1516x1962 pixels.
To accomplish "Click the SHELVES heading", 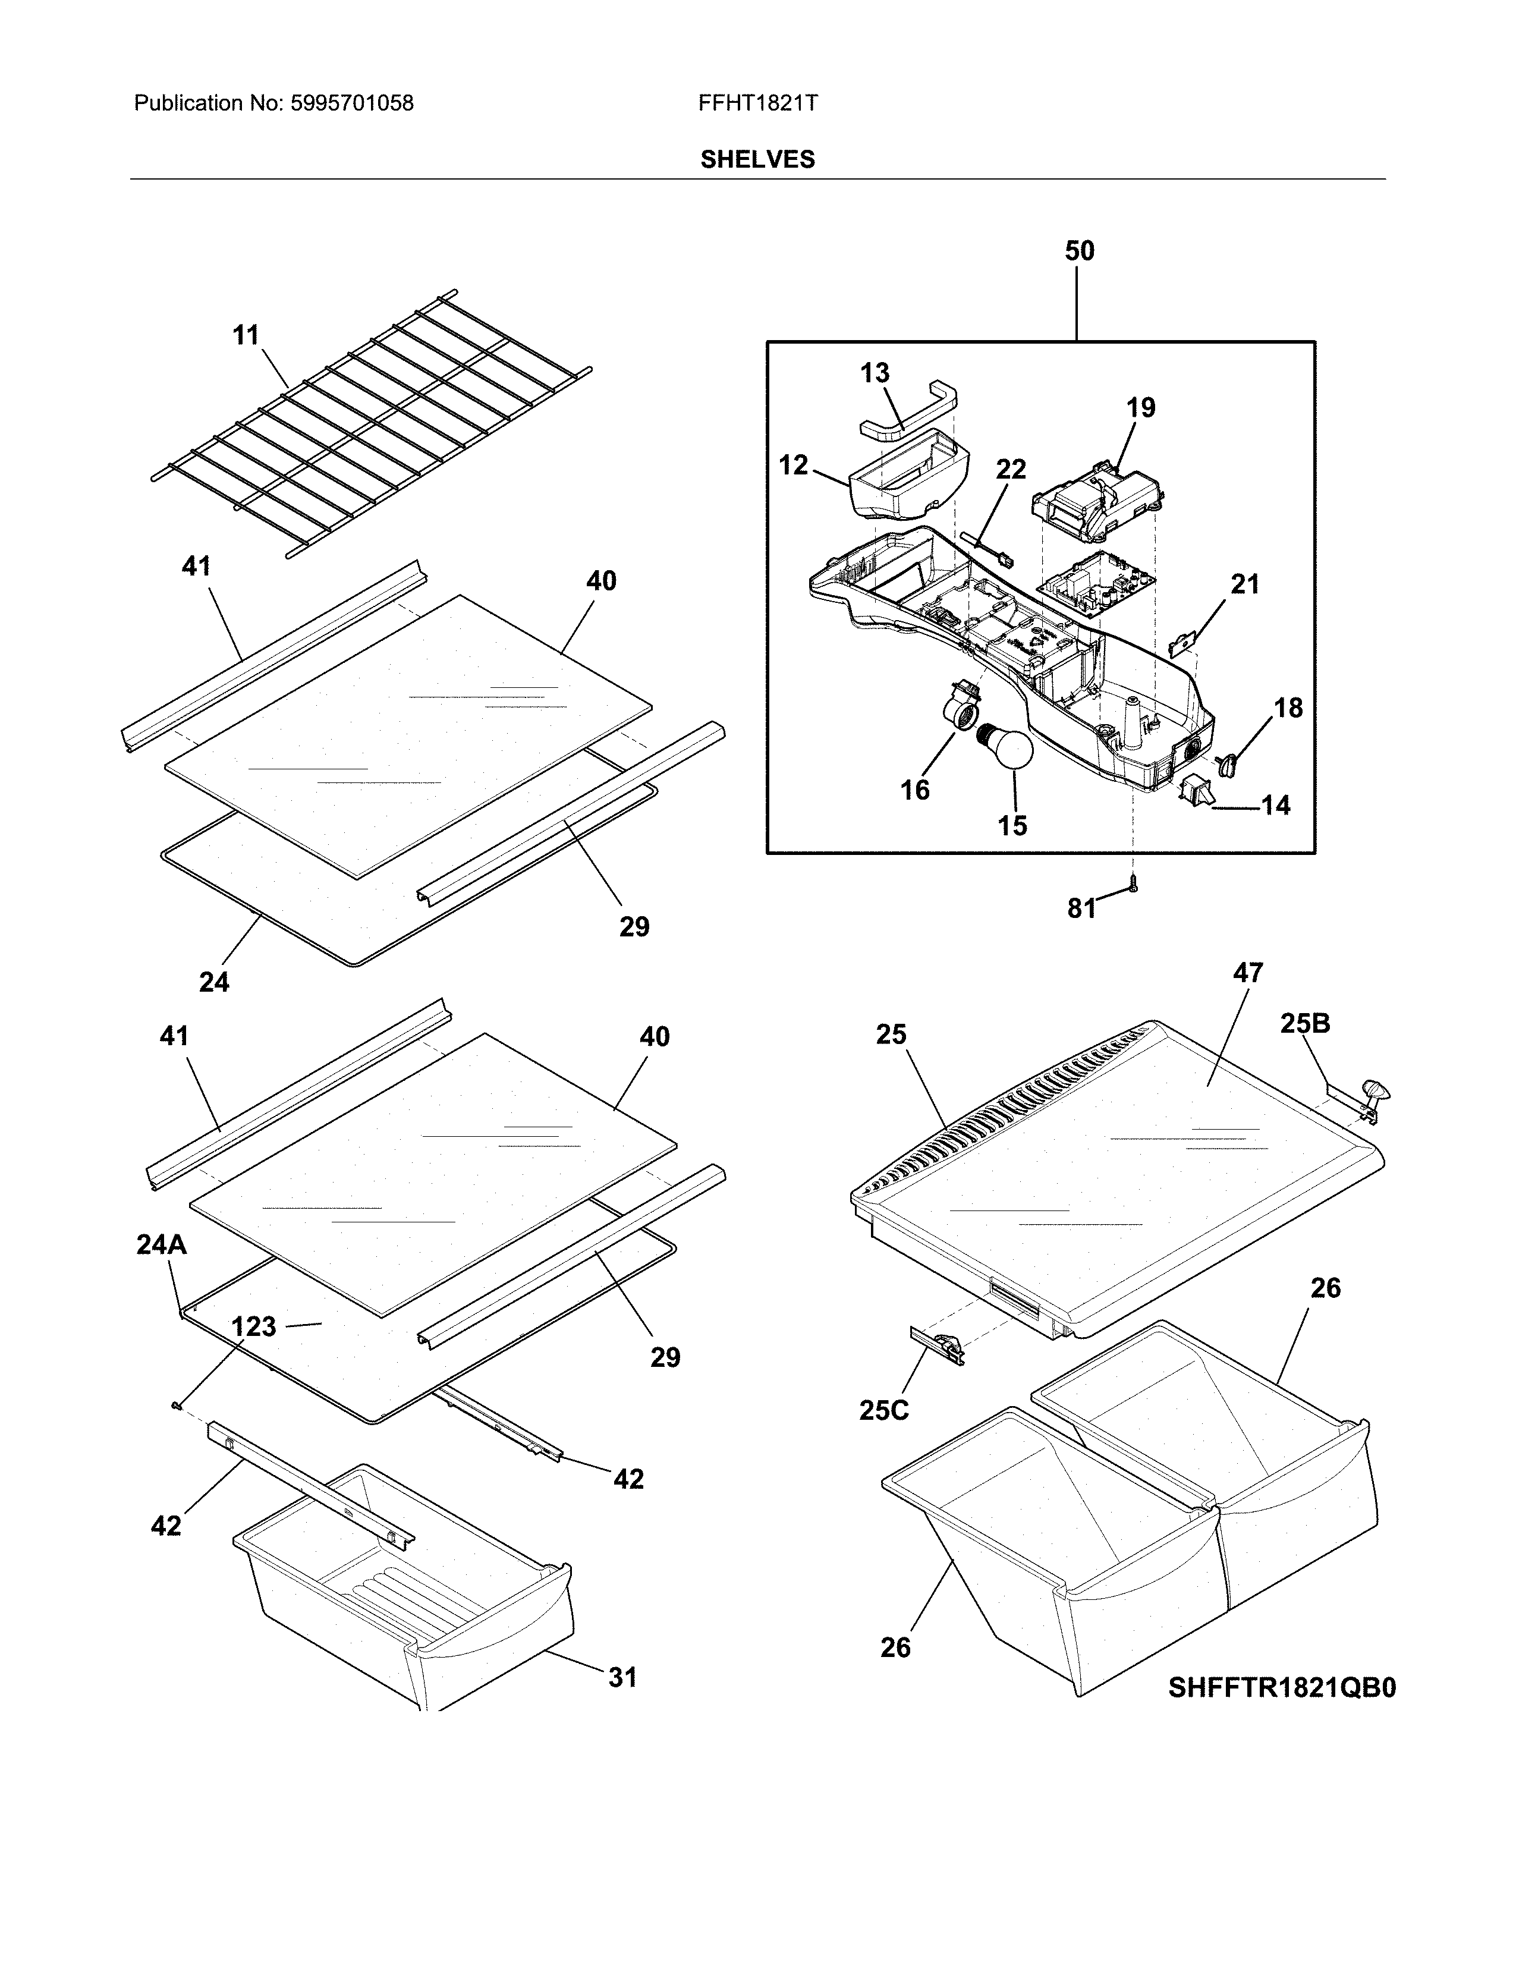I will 757,160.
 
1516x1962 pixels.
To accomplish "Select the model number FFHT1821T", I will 757,103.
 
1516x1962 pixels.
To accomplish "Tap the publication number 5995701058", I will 351,103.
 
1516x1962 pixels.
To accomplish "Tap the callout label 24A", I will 162,1244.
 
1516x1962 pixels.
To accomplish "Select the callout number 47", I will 1247,973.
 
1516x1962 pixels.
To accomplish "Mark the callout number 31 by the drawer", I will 622,1677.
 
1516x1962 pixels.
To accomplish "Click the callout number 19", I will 1141,408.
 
